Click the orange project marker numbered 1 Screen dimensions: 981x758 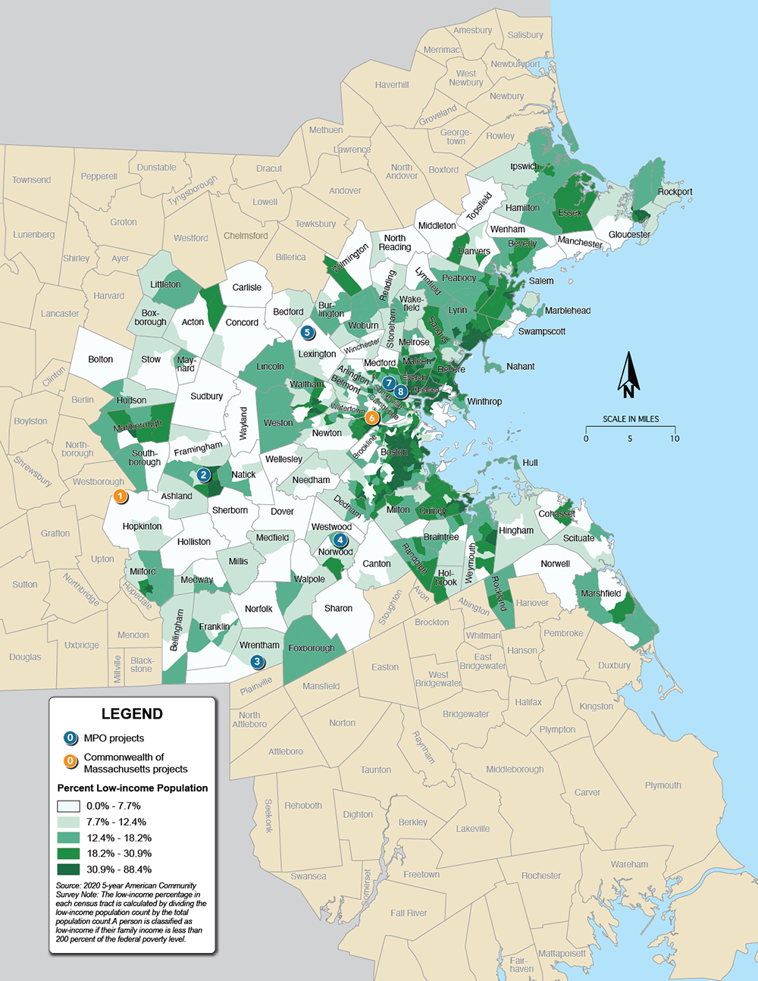[x=120, y=497]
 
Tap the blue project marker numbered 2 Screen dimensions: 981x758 [x=203, y=475]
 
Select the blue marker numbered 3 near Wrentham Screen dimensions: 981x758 [x=258, y=662]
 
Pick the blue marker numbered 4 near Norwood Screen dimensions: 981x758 [x=340, y=540]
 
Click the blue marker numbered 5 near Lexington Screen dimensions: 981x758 [x=308, y=332]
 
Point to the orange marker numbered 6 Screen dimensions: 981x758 [x=371, y=418]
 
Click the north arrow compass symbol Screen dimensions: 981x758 [x=628, y=375]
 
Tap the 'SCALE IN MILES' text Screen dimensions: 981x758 [x=631, y=418]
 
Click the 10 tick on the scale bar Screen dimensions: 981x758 [x=675, y=438]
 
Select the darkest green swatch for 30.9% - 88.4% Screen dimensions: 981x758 [x=70, y=870]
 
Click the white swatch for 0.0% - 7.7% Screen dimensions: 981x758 [x=70, y=806]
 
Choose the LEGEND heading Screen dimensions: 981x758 [x=132, y=714]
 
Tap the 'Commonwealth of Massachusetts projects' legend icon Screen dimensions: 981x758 [x=70, y=761]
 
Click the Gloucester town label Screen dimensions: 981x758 [x=629, y=234]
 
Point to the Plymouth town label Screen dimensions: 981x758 [x=662, y=785]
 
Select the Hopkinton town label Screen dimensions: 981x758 [x=142, y=526]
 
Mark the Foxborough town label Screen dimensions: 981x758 [x=311, y=648]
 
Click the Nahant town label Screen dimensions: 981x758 [x=520, y=366]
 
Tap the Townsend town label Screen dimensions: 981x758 [x=32, y=180]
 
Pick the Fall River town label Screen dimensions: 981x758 [x=409, y=913]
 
